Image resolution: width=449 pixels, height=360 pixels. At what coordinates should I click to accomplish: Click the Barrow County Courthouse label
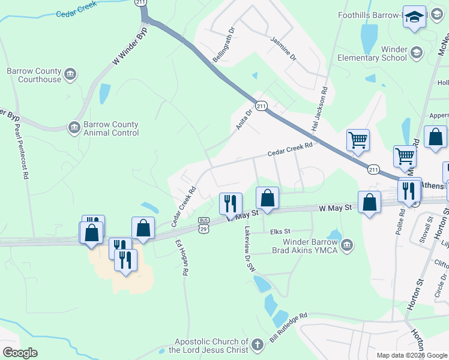(x=34, y=75)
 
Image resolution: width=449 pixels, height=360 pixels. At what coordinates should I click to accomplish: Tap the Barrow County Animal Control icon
(x=74, y=127)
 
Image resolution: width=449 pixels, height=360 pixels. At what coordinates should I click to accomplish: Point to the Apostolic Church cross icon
(x=257, y=345)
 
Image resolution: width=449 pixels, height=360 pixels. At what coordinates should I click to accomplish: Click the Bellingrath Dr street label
(x=223, y=44)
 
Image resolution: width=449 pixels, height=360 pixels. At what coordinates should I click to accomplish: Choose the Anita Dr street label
(x=242, y=121)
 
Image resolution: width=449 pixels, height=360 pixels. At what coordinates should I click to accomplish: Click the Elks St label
(x=280, y=231)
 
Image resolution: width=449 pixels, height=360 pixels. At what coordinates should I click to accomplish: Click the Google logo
(x=20, y=353)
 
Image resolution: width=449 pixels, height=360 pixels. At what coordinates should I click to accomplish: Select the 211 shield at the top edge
(x=141, y=3)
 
